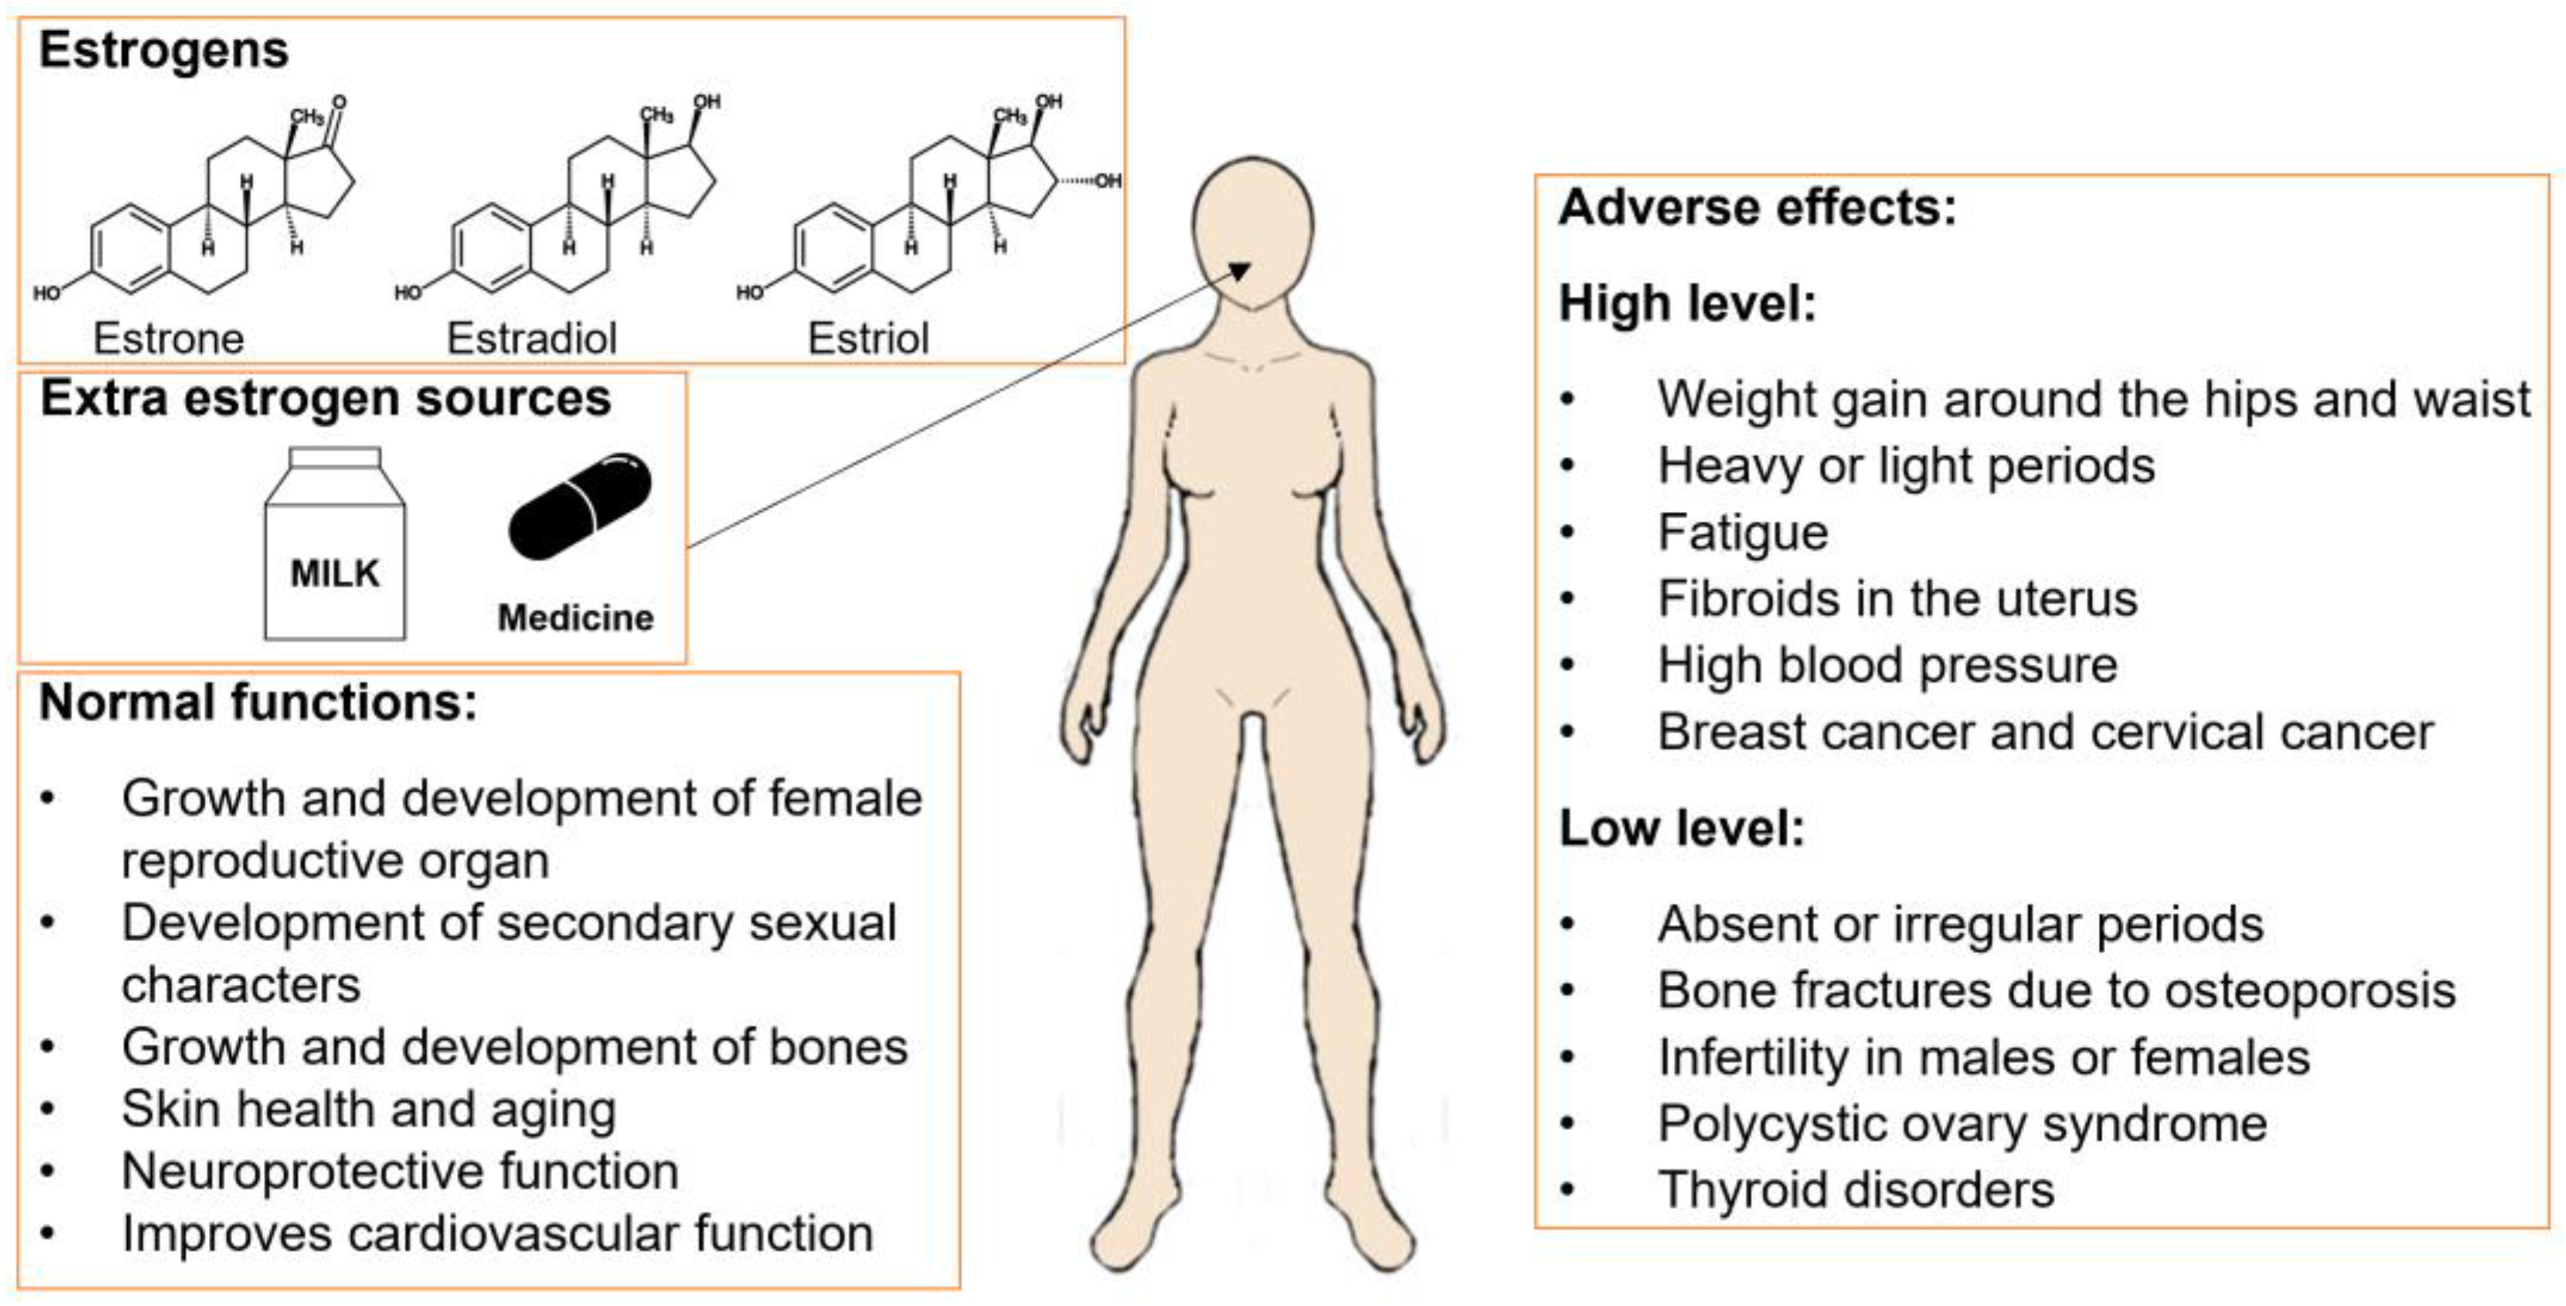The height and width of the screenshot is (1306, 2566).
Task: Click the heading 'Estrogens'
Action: coord(164,50)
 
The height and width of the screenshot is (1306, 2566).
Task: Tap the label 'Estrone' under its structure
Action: coord(168,339)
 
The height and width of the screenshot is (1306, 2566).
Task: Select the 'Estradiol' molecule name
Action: coord(532,339)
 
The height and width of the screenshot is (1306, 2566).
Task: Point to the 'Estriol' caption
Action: coord(868,339)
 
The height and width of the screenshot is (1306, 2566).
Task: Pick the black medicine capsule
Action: coord(580,507)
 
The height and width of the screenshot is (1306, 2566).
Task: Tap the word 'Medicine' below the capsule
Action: coord(576,618)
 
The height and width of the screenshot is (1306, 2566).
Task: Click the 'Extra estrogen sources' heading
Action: coord(325,398)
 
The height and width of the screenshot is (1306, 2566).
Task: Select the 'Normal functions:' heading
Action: coord(258,703)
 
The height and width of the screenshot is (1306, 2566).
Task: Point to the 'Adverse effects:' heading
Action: coord(1757,208)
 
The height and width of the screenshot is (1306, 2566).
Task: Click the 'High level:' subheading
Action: coord(1687,303)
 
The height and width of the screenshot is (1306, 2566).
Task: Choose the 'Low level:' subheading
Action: coord(1682,827)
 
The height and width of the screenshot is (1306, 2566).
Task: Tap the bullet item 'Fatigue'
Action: coord(1742,532)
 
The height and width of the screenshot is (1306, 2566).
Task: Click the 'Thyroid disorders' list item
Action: coord(1855,1189)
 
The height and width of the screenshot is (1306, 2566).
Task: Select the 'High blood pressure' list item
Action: coord(1887,665)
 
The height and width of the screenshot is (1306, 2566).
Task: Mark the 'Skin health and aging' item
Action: coord(369,1110)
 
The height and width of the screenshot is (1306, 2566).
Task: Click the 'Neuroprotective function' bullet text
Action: coord(400,1172)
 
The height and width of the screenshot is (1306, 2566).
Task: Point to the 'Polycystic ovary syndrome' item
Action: coord(1961,1124)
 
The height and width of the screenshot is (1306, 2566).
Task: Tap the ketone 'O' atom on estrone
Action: coord(339,103)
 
